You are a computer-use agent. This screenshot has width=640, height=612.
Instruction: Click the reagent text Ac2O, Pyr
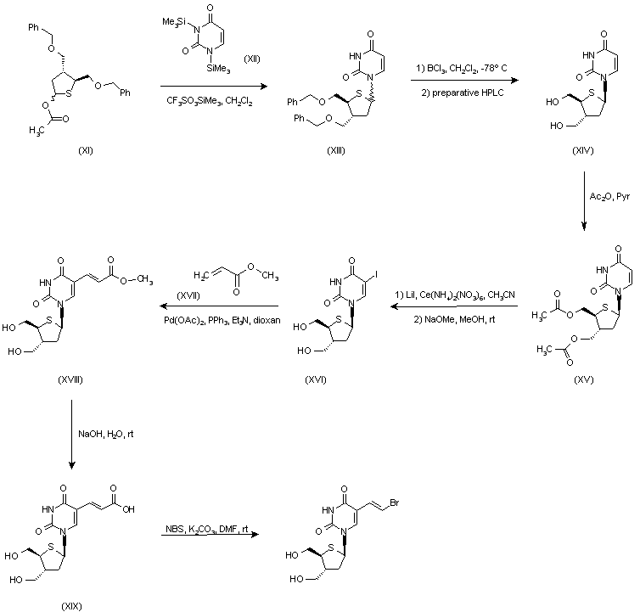point(608,196)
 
